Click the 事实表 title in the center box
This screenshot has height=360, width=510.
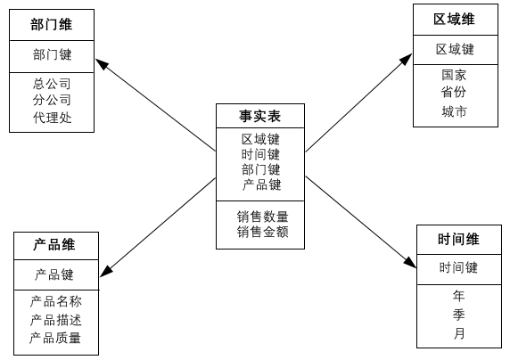pyautogui.click(x=259, y=116)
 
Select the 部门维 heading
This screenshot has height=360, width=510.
pyautogui.click(x=52, y=24)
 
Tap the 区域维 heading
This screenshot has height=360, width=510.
pyautogui.click(x=454, y=20)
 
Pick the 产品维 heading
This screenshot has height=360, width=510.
pyautogui.click(x=54, y=244)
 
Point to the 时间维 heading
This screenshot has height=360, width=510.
pyautogui.click(x=458, y=239)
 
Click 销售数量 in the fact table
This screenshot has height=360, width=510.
pyautogui.click(x=262, y=217)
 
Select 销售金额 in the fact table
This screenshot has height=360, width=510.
pyautogui.click(x=262, y=232)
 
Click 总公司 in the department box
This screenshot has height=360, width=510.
pyautogui.click(x=52, y=84)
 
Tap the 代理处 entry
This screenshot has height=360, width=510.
pyautogui.click(x=52, y=118)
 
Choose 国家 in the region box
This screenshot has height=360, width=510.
pyautogui.click(x=454, y=75)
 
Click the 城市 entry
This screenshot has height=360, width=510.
pyautogui.click(x=454, y=111)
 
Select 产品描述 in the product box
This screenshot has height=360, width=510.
pyautogui.click(x=55, y=320)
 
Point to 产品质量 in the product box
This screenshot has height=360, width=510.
pyautogui.click(x=55, y=338)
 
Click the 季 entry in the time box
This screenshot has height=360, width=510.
pyautogui.click(x=459, y=315)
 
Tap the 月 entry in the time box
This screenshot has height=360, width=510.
pyautogui.click(x=459, y=333)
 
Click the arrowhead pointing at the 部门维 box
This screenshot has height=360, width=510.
pyautogui.click(x=100, y=63)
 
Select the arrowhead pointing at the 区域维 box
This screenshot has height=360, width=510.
pyautogui.click(x=407, y=59)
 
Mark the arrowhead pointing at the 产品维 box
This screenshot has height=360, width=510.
pyautogui.click(x=105, y=272)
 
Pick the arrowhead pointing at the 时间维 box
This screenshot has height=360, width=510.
pyautogui.click(x=411, y=263)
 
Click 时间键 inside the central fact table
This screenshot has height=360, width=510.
pyautogui.click(x=260, y=154)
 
